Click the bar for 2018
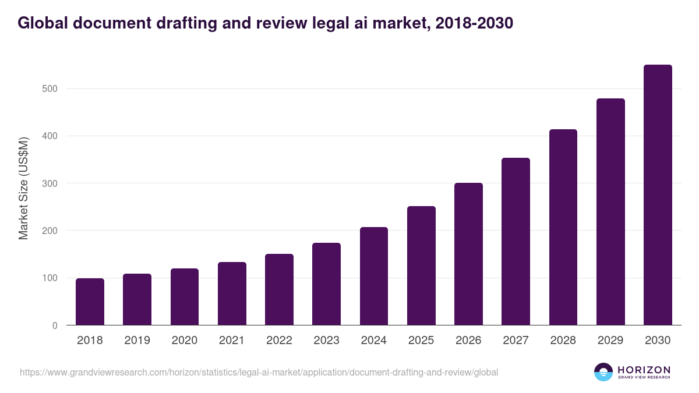tap(90, 302)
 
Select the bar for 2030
tap(658, 195)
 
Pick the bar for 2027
tap(516, 242)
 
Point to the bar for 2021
tap(232, 293)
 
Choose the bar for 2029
tap(610, 212)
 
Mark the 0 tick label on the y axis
tap(55, 325)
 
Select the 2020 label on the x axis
tap(184, 341)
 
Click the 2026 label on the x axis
tap(468, 341)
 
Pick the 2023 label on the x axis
tap(326, 341)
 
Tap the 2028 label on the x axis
tap(563, 341)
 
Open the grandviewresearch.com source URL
tap(259, 372)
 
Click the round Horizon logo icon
tap(603, 372)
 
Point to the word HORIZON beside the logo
tap(644, 370)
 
